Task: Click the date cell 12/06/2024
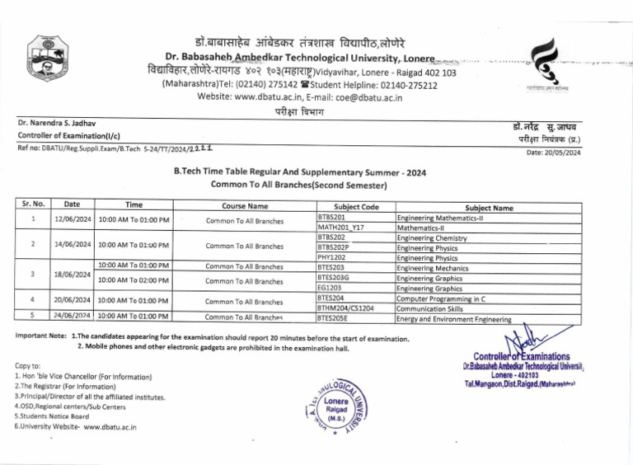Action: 72,220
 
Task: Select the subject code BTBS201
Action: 331,217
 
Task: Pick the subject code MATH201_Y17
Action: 341,227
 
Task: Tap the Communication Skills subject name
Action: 429,308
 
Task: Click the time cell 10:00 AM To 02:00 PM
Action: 134,280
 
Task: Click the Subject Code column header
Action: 356,207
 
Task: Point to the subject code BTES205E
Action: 333,317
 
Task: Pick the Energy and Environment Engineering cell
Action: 454,319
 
